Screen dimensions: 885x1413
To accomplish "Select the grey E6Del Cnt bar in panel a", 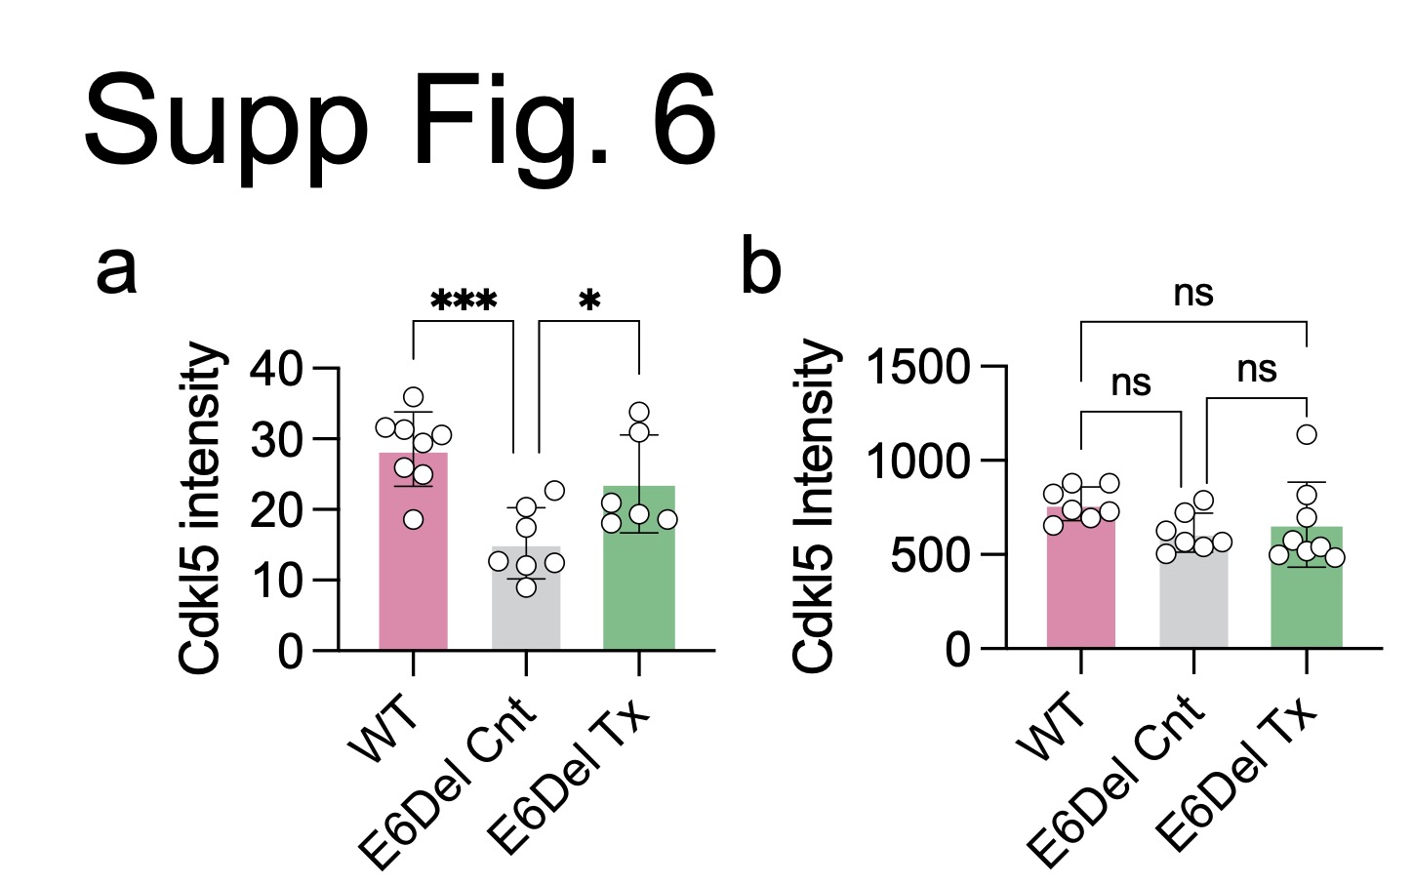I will click(x=526, y=610).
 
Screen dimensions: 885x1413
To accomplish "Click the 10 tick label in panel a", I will click(x=276, y=581).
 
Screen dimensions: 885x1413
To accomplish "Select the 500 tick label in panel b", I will click(x=933, y=555).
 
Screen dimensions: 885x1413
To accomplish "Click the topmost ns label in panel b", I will click(x=1193, y=292).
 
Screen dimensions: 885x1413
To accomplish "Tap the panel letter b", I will click(x=761, y=265).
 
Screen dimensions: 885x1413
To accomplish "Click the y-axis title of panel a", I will click(x=203, y=507).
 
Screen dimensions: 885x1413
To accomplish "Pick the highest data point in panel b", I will click(x=1307, y=434).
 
